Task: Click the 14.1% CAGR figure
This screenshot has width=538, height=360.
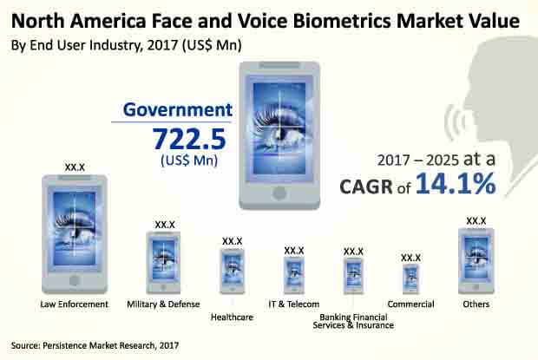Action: [x=455, y=184]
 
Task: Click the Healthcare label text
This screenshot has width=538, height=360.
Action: [x=232, y=317]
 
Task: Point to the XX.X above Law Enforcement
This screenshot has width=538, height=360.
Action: [x=75, y=166]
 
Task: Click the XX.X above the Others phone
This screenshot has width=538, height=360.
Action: [x=476, y=220]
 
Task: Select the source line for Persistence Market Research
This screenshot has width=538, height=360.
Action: [x=95, y=345]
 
